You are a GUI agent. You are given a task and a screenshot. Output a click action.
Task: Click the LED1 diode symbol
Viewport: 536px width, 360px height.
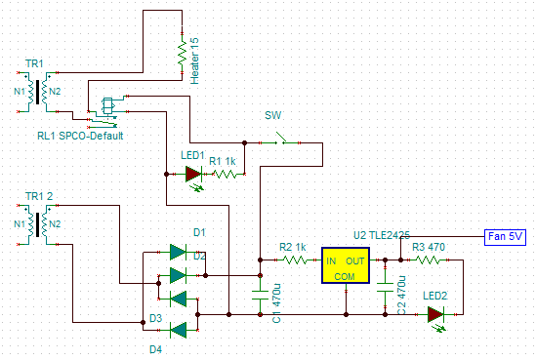click(x=193, y=175)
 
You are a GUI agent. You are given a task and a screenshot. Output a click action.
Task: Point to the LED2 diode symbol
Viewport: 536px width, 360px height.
click(x=435, y=314)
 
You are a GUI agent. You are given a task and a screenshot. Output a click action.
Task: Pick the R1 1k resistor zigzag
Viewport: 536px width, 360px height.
click(x=227, y=175)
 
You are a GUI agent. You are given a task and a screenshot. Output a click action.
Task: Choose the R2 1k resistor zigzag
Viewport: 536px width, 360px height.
click(x=294, y=260)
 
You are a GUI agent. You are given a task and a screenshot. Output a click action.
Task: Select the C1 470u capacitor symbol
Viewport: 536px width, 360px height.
click(x=259, y=296)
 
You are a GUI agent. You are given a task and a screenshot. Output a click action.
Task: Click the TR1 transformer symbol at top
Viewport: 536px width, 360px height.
click(x=40, y=93)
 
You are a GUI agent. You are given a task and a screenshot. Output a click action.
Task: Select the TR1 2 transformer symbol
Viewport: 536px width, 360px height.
click(x=40, y=224)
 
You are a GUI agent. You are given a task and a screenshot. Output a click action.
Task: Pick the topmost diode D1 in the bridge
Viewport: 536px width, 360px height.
click(x=177, y=252)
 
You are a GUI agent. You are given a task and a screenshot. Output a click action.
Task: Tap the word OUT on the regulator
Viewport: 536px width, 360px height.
click(x=355, y=261)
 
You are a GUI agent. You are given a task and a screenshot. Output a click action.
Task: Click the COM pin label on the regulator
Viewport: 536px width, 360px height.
click(x=346, y=276)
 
